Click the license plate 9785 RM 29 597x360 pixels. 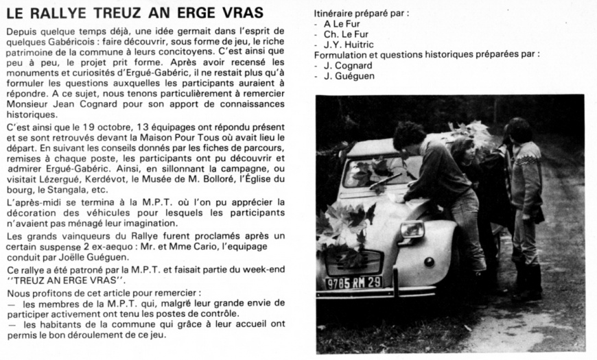click(x=355, y=282)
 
